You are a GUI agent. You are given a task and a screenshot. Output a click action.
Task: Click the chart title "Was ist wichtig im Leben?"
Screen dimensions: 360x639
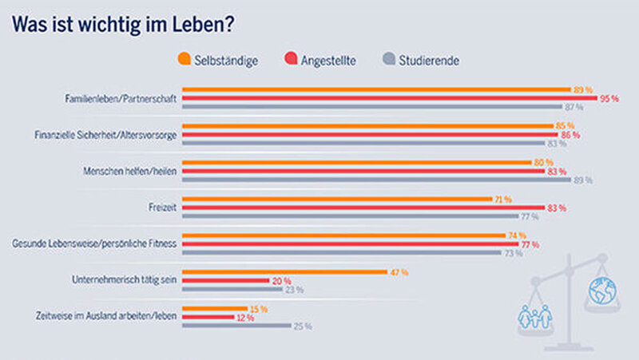[122, 25]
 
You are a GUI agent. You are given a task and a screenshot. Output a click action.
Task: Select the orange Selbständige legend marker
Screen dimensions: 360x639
[185, 58]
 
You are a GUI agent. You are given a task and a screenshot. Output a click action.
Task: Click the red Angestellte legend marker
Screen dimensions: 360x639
[290, 58]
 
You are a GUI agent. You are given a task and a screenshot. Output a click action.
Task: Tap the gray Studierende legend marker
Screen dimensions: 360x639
[390, 58]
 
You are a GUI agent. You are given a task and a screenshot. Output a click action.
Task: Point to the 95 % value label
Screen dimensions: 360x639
[609, 98]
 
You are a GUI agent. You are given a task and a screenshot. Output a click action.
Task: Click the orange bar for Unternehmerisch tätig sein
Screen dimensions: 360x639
[284, 272]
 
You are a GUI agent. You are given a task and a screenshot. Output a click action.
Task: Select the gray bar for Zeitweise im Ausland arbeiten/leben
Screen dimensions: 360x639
[236, 326]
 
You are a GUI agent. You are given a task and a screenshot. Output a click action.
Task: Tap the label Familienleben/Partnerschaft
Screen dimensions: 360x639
[121, 99]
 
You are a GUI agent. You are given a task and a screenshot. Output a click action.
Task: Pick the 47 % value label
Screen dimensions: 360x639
[399, 272]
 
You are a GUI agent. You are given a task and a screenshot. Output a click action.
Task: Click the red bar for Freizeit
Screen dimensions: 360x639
[363, 208]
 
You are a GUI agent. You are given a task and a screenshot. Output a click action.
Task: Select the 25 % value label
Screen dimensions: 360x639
[303, 326]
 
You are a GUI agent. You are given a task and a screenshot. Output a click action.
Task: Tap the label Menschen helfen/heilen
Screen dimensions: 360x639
[130, 171]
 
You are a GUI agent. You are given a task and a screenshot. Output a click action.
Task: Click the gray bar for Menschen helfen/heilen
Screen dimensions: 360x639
[376, 180]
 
